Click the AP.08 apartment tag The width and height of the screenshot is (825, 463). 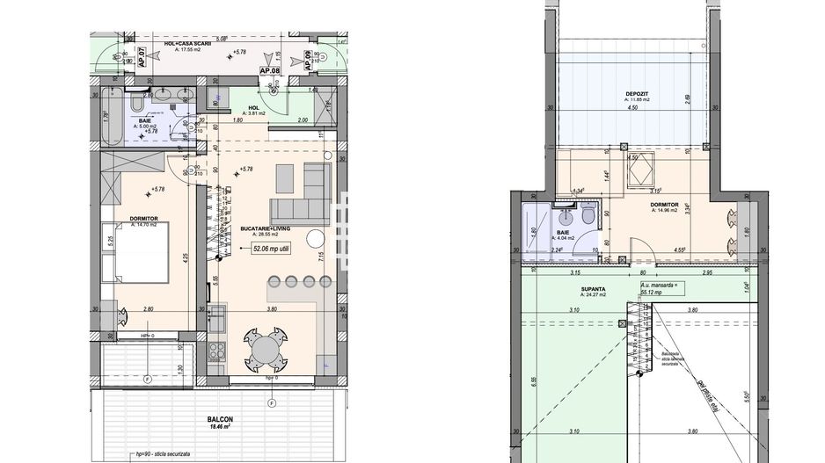pyautogui.click(x=269, y=69)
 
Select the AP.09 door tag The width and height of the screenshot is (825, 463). pyautogui.click(x=307, y=60)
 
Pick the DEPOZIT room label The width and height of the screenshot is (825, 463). pyautogui.click(x=638, y=94)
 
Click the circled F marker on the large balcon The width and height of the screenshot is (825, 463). pyautogui.click(x=272, y=403)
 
